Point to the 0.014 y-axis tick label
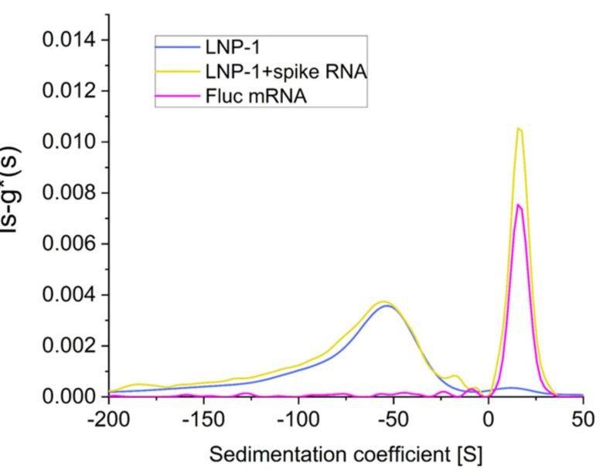tap(64, 39)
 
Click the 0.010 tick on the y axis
tap(64, 141)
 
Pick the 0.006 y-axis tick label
tap(64, 243)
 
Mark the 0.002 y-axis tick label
tap(64, 345)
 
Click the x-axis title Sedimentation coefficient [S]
tap(345, 455)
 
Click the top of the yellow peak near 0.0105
tap(520, 129)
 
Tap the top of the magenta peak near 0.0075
tap(520, 204)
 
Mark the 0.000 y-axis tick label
tap(64, 396)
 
